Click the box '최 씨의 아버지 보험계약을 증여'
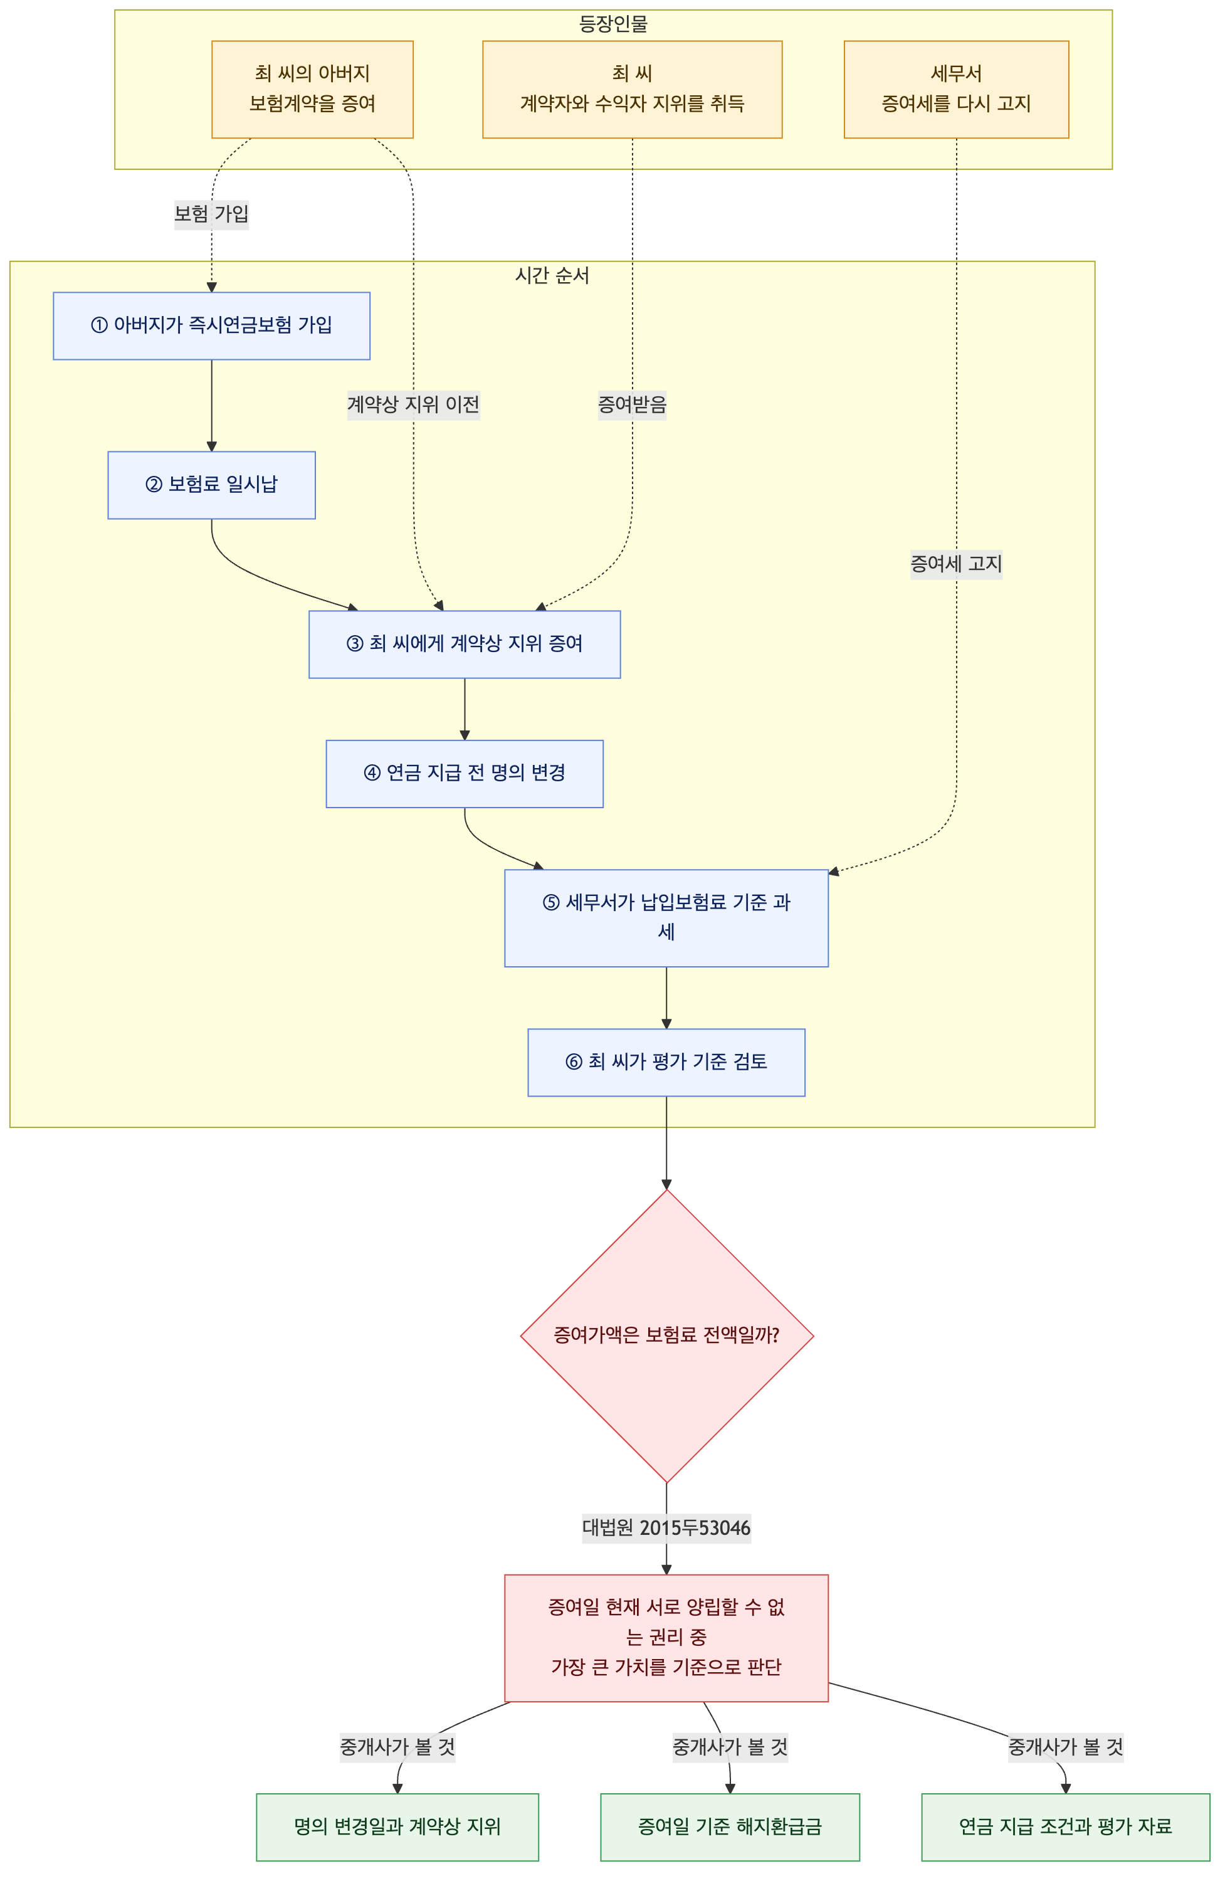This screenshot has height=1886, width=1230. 312,90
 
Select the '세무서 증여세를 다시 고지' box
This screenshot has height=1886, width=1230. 956,90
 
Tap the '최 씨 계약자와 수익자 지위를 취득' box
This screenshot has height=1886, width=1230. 632,90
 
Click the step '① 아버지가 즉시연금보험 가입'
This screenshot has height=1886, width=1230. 212,325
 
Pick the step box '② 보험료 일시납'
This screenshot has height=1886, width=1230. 212,485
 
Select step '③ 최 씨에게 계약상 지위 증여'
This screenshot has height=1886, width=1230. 465,645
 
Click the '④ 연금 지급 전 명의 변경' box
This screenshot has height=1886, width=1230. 465,774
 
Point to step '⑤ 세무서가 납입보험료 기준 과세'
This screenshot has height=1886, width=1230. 666,918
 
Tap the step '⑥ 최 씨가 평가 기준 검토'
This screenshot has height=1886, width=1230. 666,1062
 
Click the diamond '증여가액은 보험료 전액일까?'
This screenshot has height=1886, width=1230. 666,1335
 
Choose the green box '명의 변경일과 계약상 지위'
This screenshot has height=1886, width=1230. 397,1826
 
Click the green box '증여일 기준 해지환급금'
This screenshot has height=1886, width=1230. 730,1826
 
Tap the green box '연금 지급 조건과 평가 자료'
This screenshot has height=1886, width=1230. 1065,1826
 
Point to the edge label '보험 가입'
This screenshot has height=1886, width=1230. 212,214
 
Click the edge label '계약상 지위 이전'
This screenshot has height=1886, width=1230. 414,405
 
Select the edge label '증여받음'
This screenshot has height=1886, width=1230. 632,405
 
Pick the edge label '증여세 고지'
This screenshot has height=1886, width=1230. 956,564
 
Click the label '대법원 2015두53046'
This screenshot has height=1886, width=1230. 666,1528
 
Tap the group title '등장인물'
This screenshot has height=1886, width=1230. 613,24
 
